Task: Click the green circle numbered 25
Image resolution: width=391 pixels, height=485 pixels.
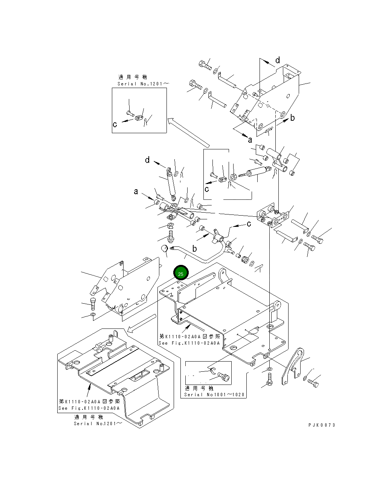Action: (181, 274)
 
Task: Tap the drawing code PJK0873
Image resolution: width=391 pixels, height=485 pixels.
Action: (321, 425)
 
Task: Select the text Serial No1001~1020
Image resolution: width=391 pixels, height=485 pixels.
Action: (214, 395)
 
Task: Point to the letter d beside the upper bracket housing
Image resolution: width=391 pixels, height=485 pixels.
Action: (278, 60)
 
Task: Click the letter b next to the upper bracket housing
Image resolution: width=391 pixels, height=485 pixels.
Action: (292, 118)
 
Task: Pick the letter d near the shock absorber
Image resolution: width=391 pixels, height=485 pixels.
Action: (147, 160)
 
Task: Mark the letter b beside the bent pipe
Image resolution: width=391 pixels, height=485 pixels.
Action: (194, 249)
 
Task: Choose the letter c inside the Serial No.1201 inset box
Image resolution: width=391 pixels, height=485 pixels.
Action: (115, 124)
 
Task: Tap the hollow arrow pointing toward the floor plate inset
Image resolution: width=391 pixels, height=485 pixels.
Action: (141, 324)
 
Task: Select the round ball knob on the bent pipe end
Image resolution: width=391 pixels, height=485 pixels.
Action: (164, 249)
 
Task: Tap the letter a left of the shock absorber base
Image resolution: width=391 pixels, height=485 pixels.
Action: (136, 192)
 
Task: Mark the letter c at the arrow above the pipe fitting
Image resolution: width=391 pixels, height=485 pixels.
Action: (249, 224)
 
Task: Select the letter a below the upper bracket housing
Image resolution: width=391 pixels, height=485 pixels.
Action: (250, 140)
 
